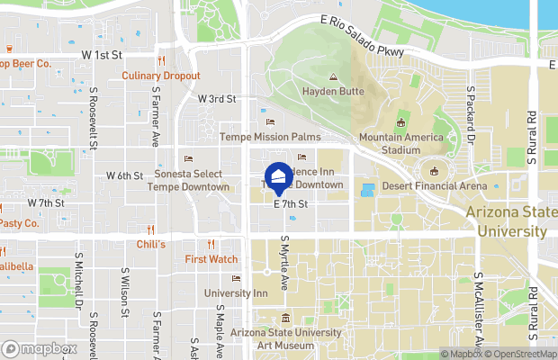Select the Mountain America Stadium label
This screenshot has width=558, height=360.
(x=401, y=143)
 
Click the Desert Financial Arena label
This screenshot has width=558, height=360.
(x=435, y=186)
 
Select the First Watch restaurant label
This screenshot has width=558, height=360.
(x=211, y=259)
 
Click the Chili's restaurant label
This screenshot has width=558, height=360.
(x=150, y=245)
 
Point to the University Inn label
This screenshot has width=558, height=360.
(x=235, y=293)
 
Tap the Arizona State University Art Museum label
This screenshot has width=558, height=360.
(x=285, y=339)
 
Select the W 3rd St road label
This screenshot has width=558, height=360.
(x=217, y=98)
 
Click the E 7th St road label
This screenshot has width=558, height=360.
(x=291, y=205)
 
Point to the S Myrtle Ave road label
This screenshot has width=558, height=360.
(x=283, y=262)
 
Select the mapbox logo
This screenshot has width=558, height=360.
(x=39, y=348)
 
